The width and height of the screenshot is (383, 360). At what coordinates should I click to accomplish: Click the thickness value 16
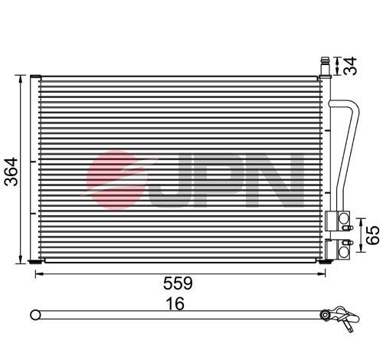click(x=176, y=303)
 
